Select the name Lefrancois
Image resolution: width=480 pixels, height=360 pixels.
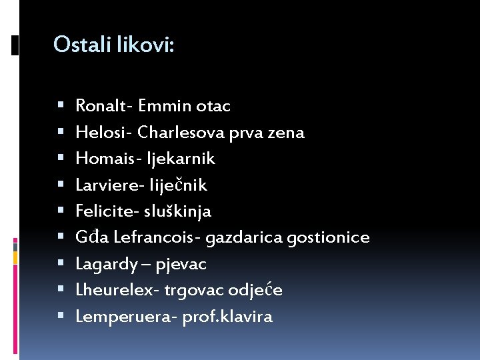[155, 237]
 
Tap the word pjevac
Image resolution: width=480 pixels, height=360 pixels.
[181, 265]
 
